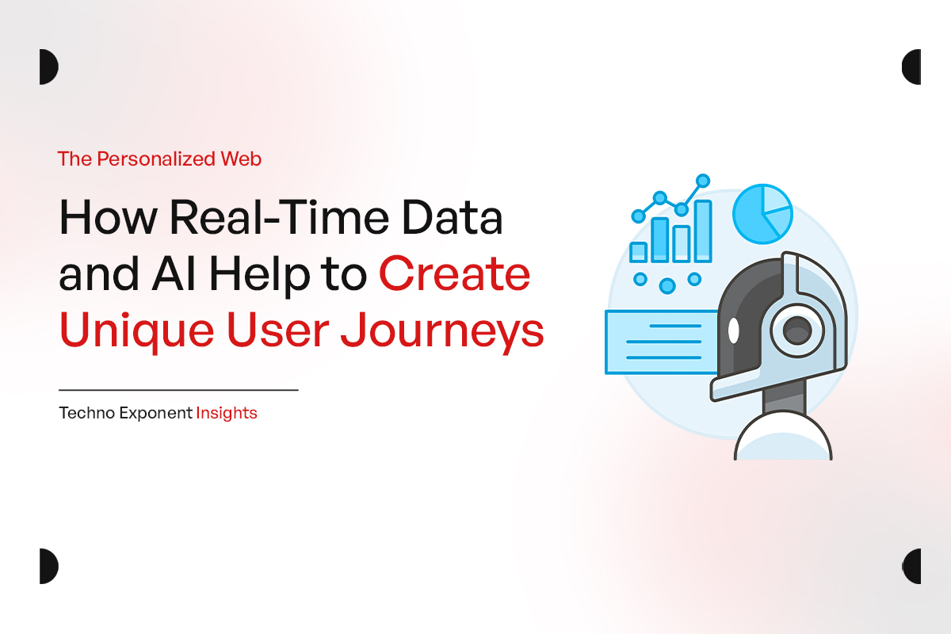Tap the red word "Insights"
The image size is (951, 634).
pyautogui.click(x=227, y=413)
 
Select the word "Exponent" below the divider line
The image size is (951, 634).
pyautogui.click(x=154, y=413)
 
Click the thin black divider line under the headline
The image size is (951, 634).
pyautogui.click(x=178, y=390)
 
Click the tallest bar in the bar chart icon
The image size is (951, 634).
pyautogui.click(x=703, y=231)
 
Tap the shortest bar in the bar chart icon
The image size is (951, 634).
pyautogui.click(x=639, y=252)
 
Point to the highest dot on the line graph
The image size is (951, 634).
pyautogui.click(x=703, y=181)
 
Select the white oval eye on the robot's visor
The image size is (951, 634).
pyautogui.click(x=733, y=329)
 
